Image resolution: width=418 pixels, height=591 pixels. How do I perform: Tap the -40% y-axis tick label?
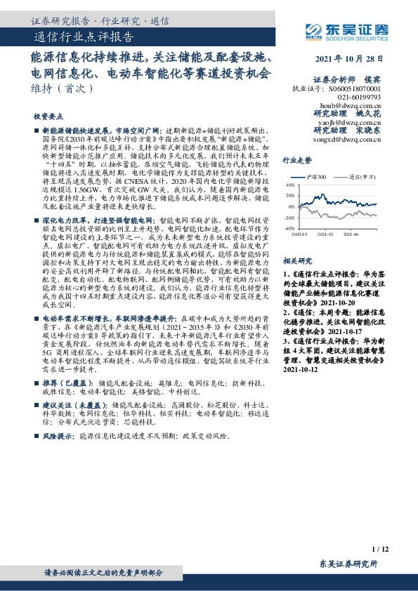coord(289,228)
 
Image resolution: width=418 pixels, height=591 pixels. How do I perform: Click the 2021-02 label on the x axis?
coord(325,234)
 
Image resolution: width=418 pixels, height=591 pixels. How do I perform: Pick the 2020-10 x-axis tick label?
coord(299,234)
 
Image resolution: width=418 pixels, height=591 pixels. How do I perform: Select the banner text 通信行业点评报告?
coord(84,36)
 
